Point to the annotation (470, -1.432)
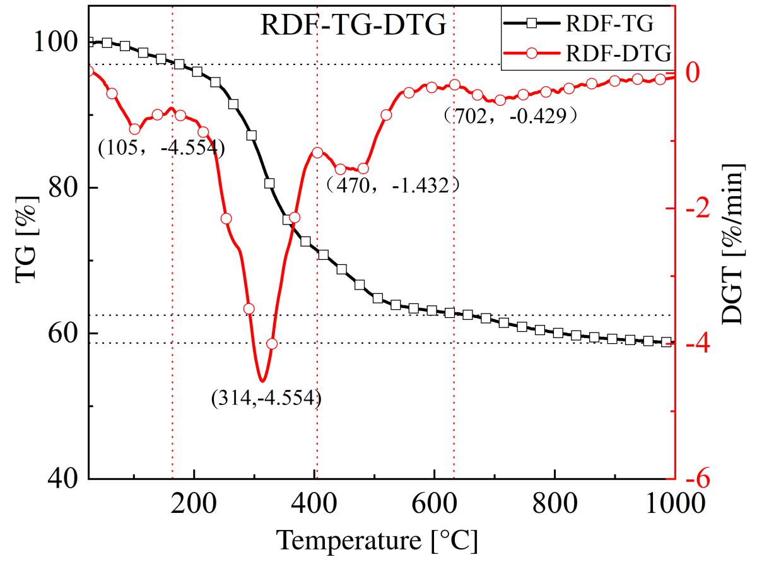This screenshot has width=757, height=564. pyautogui.click(x=391, y=185)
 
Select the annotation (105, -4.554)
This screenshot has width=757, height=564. pyautogui.click(x=161, y=148)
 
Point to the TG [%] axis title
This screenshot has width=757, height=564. pyautogui.click(x=26, y=259)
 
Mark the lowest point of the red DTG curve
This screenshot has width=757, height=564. pyautogui.click(x=262, y=381)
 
